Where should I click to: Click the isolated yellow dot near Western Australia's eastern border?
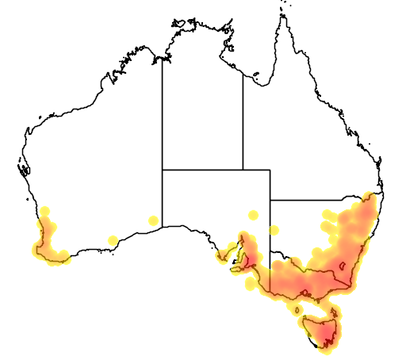(153, 220)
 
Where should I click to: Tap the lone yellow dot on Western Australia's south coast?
(113, 240)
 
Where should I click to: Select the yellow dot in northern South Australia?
(253, 214)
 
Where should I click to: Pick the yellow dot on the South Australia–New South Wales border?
(274, 231)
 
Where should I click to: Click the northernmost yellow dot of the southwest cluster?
(45, 211)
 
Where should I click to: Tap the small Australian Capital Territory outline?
(344, 268)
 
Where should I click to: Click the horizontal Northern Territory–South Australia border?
(214, 169)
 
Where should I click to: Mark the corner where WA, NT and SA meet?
(163, 169)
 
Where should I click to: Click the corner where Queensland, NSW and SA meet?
(270, 200)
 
